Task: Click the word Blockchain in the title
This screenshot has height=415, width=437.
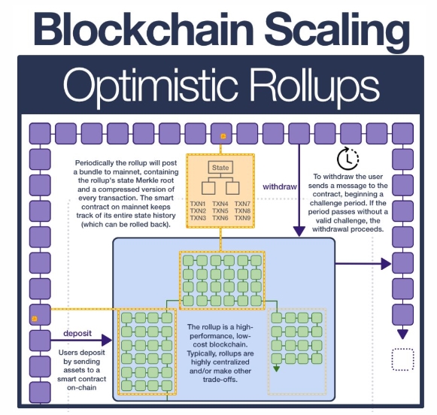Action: pyautogui.click(x=144, y=29)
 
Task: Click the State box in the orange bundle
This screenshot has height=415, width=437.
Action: pyautogui.click(x=220, y=168)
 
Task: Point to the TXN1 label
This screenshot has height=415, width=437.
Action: pyautogui.click(x=198, y=204)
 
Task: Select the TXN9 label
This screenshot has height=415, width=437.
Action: pyautogui.click(x=242, y=218)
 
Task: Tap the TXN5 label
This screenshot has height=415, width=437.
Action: pyautogui.click(x=220, y=211)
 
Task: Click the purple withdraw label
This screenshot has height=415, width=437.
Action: pyautogui.click(x=280, y=186)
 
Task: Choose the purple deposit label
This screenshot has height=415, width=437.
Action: pyautogui.click(x=77, y=333)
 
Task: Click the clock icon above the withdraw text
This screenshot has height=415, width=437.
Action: pyautogui.click(x=347, y=159)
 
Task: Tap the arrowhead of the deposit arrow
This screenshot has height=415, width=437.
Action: pyautogui.click(x=107, y=340)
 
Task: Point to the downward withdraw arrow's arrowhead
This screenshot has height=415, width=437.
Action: pyautogui.click(x=299, y=232)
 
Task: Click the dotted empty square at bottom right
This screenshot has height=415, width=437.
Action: pyautogui.click(x=402, y=359)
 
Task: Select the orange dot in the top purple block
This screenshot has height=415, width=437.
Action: pyautogui.click(x=223, y=136)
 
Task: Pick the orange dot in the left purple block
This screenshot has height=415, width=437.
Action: pyautogui.click(x=35, y=319)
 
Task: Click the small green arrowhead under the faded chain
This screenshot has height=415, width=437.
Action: pyautogui.click(x=276, y=369)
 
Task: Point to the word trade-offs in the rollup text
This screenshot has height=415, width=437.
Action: pyautogui.click(x=220, y=380)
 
